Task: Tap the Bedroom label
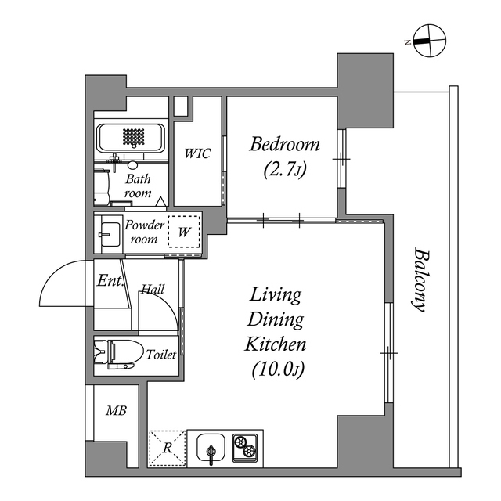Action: pos(285,144)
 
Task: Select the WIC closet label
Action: pos(197,154)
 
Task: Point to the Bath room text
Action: pos(138,185)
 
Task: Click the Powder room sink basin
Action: pos(107,233)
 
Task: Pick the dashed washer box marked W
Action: pos(185,232)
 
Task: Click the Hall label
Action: pos(153,290)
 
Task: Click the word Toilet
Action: pos(160,355)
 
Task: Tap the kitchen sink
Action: pos(211,449)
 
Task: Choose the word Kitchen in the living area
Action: pos(276,344)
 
